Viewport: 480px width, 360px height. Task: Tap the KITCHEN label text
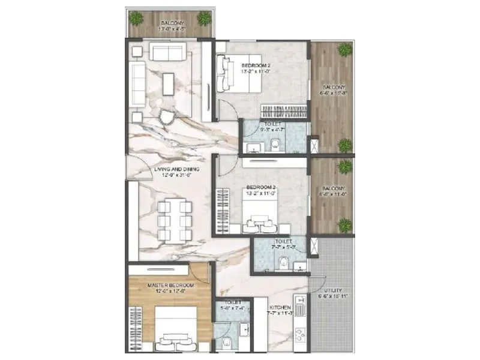[280, 308]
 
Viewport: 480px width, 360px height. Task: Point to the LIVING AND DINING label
[176, 170]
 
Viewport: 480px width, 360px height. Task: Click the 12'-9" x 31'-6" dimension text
[176, 176]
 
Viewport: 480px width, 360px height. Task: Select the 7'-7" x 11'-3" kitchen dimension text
[280, 314]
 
